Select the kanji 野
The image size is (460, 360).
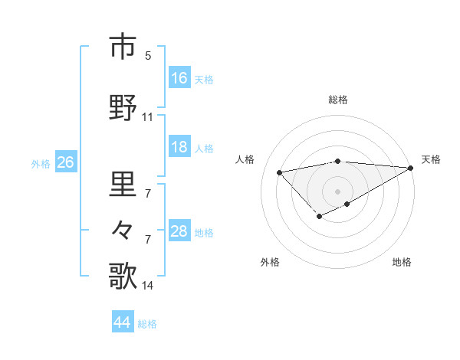(x=123, y=108)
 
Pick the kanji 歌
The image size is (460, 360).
(x=123, y=277)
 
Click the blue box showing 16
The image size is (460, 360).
(x=179, y=78)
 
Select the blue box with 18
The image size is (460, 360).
(x=179, y=148)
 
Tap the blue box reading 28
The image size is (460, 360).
(x=179, y=232)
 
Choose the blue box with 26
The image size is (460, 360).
(x=65, y=163)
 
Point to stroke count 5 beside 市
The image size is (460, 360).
(x=148, y=56)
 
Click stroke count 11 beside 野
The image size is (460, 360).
(x=148, y=117)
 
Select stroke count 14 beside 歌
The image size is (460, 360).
(x=148, y=286)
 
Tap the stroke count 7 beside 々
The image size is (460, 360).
(x=148, y=239)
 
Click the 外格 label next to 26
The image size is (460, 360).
(x=41, y=164)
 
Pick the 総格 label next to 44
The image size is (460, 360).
(x=147, y=324)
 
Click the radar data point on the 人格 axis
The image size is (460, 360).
(x=280, y=172)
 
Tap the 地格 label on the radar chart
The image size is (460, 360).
(x=402, y=262)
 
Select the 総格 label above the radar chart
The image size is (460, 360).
(x=337, y=100)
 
